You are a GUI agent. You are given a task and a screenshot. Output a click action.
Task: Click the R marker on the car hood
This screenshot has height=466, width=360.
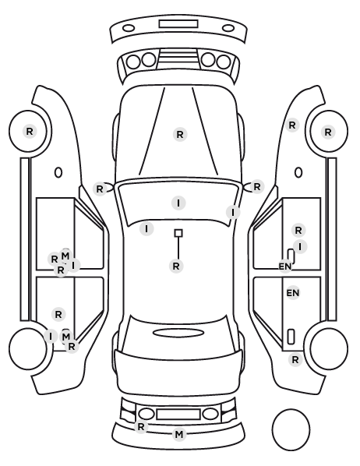(x=180, y=135)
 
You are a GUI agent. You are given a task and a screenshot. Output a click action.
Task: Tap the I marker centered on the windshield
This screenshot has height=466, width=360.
(x=178, y=203)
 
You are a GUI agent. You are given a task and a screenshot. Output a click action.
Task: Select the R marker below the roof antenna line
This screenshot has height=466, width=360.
(x=176, y=266)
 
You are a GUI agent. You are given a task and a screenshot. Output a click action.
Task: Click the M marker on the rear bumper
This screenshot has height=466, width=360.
(x=179, y=435)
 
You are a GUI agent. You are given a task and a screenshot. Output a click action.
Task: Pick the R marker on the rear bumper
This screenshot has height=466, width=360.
(x=141, y=427)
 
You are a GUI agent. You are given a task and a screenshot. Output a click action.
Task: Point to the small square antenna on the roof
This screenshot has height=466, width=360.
(x=178, y=233)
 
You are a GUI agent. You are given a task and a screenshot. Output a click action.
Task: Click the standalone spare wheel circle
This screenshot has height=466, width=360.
(x=291, y=429)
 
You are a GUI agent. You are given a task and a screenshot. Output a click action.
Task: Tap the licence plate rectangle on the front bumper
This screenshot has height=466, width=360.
(x=178, y=24)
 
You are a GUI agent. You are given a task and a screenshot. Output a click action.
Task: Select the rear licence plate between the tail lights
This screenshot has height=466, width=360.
(x=178, y=415)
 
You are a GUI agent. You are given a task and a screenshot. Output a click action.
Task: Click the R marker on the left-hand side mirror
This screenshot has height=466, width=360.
(x=100, y=189)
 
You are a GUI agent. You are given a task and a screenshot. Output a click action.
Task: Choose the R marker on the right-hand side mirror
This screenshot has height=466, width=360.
(x=257, y=187)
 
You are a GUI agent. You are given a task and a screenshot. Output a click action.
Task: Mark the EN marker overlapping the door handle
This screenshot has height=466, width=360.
(x=284, y=267)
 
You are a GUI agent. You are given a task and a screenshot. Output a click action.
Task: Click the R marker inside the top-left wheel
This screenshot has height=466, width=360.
(x=30, y=131)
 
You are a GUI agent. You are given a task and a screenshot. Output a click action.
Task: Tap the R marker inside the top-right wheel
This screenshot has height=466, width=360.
(x=328, y=132)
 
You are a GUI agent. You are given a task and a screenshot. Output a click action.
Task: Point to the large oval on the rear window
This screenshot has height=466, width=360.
(x=178, y=333)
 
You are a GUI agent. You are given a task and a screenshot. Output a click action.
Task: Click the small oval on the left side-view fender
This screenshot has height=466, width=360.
(x=58, y=172)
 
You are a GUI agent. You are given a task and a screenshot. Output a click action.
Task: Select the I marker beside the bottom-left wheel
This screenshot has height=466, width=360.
(x=51, y=337)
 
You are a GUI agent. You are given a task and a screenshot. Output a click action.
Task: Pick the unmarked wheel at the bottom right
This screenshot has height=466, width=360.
(x=329, y=348)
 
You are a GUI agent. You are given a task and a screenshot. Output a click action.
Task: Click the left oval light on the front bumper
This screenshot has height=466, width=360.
(x=129, y=29)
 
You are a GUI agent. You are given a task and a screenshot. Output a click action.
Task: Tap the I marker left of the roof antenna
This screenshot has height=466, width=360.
(x=146, y=229)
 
